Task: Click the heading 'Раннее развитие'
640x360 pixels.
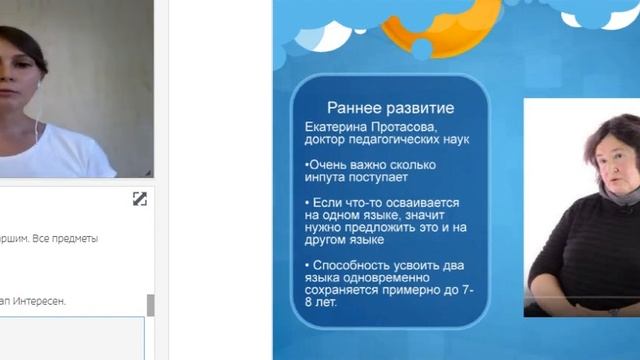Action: (391, 108)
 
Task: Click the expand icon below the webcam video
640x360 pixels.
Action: (140, 199)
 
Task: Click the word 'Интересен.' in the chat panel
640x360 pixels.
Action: (40, 300)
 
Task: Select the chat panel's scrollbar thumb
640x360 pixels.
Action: (150, 305)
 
